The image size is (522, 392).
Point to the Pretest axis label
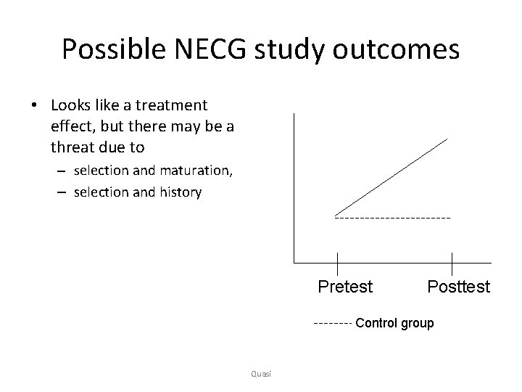click(345, 287)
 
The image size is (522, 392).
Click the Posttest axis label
click(458, 287)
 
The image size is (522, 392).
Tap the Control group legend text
click(394, 323)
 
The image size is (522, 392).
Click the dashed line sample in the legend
click(333, 322)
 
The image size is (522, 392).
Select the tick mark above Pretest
click(338, 263)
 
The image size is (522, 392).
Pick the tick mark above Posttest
click(452, 263)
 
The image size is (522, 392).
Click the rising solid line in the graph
click(391, 176)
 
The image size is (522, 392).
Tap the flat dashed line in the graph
click(392, 217)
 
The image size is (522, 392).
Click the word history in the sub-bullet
click(180, 192)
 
